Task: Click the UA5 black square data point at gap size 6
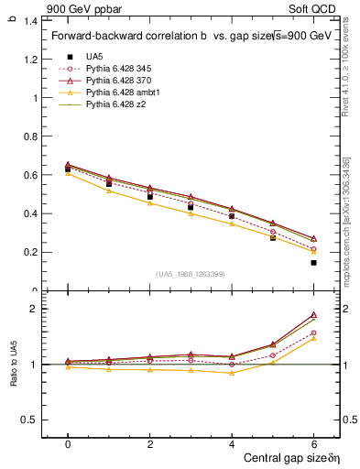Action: (313, 263)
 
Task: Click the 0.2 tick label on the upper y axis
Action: (33, 252)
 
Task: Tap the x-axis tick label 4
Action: (232, 444)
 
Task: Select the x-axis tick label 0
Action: (68, 444)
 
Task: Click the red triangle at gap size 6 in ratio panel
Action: (313, 314)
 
